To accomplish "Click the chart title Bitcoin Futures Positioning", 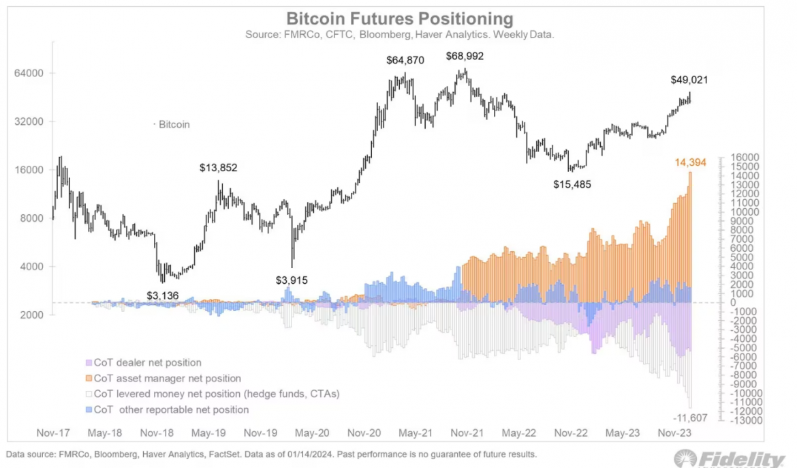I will [399, 18].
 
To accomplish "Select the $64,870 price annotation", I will [405, 60].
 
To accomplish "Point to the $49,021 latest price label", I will [689, 79].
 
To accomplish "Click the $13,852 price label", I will [218, 167].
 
